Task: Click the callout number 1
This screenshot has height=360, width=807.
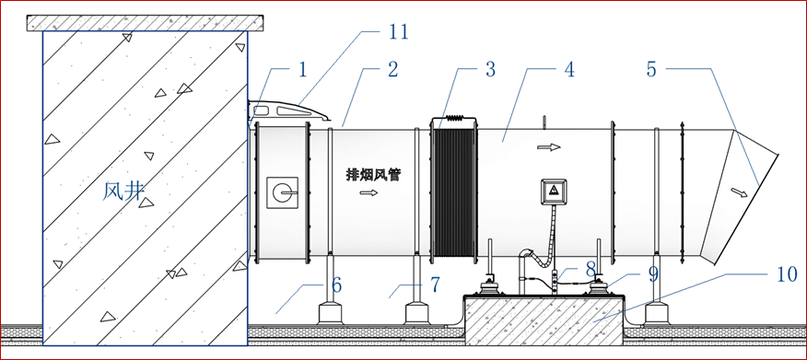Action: coord(302,69)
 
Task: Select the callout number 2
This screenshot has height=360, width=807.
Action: coord(393,69)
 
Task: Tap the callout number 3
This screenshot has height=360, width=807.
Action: coord(489,69)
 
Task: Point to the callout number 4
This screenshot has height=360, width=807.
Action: coord(568,69)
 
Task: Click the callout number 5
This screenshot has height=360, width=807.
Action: coord(652,69)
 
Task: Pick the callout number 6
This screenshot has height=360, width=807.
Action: coord(336,285)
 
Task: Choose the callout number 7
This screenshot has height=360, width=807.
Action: coord(434,285)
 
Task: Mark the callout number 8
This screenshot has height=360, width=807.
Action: coord(591,269)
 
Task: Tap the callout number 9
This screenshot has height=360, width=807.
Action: coord(653,274)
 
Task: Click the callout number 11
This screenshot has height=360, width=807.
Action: coord(396,32)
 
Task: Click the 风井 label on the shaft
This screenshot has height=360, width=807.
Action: coord(122,192)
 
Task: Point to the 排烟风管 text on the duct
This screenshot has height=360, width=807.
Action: coord(372,174)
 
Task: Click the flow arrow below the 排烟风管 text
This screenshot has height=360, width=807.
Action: coord(368,192)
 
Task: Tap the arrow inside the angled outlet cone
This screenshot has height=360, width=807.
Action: coord(739,192)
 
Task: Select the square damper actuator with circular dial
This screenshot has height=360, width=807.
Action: coord(282,192)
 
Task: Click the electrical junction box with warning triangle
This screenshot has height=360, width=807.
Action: coord(554,192)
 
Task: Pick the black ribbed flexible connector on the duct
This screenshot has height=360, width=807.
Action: coord(454,192)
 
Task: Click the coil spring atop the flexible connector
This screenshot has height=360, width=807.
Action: coord(454,118)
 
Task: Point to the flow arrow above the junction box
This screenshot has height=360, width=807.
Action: coord(549,147)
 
